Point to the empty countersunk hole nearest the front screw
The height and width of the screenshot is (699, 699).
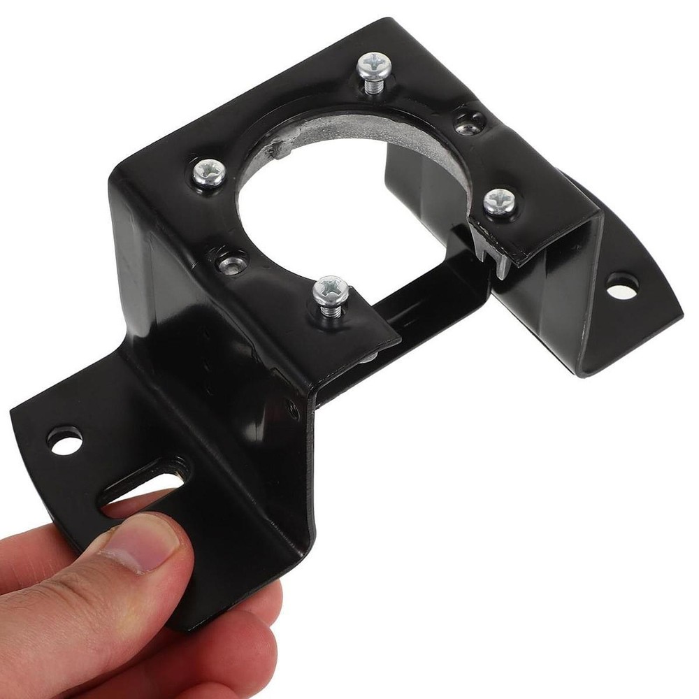[x=232, y=262]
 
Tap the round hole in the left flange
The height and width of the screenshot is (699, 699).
[x=64, y=440]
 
